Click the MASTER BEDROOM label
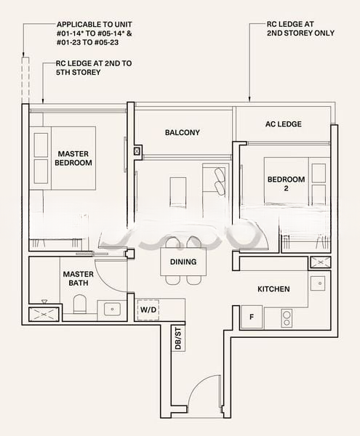click(x=73, y=158)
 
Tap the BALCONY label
click(x=183, y=132)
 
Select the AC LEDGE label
click(x=283, y=124)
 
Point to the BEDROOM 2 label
click(x=286, y=184)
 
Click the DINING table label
click(x=183, y=262)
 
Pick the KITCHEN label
click(x=273, y=289)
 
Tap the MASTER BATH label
click(x=78, y=278)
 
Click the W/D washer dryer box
click(x=148, y=310)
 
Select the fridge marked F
click(x=252, y=317)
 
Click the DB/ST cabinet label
click(x=177, y=339)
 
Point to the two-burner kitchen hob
click(x=287, y=319)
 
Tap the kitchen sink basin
click(x=318, y=283)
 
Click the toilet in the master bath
click(x=79, y=304)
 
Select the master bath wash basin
click(x=112, y=309)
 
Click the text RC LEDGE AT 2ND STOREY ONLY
click(x=300, y=28)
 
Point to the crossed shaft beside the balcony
click(x=137, y=151)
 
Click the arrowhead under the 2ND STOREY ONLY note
click(x=249, y=99)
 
